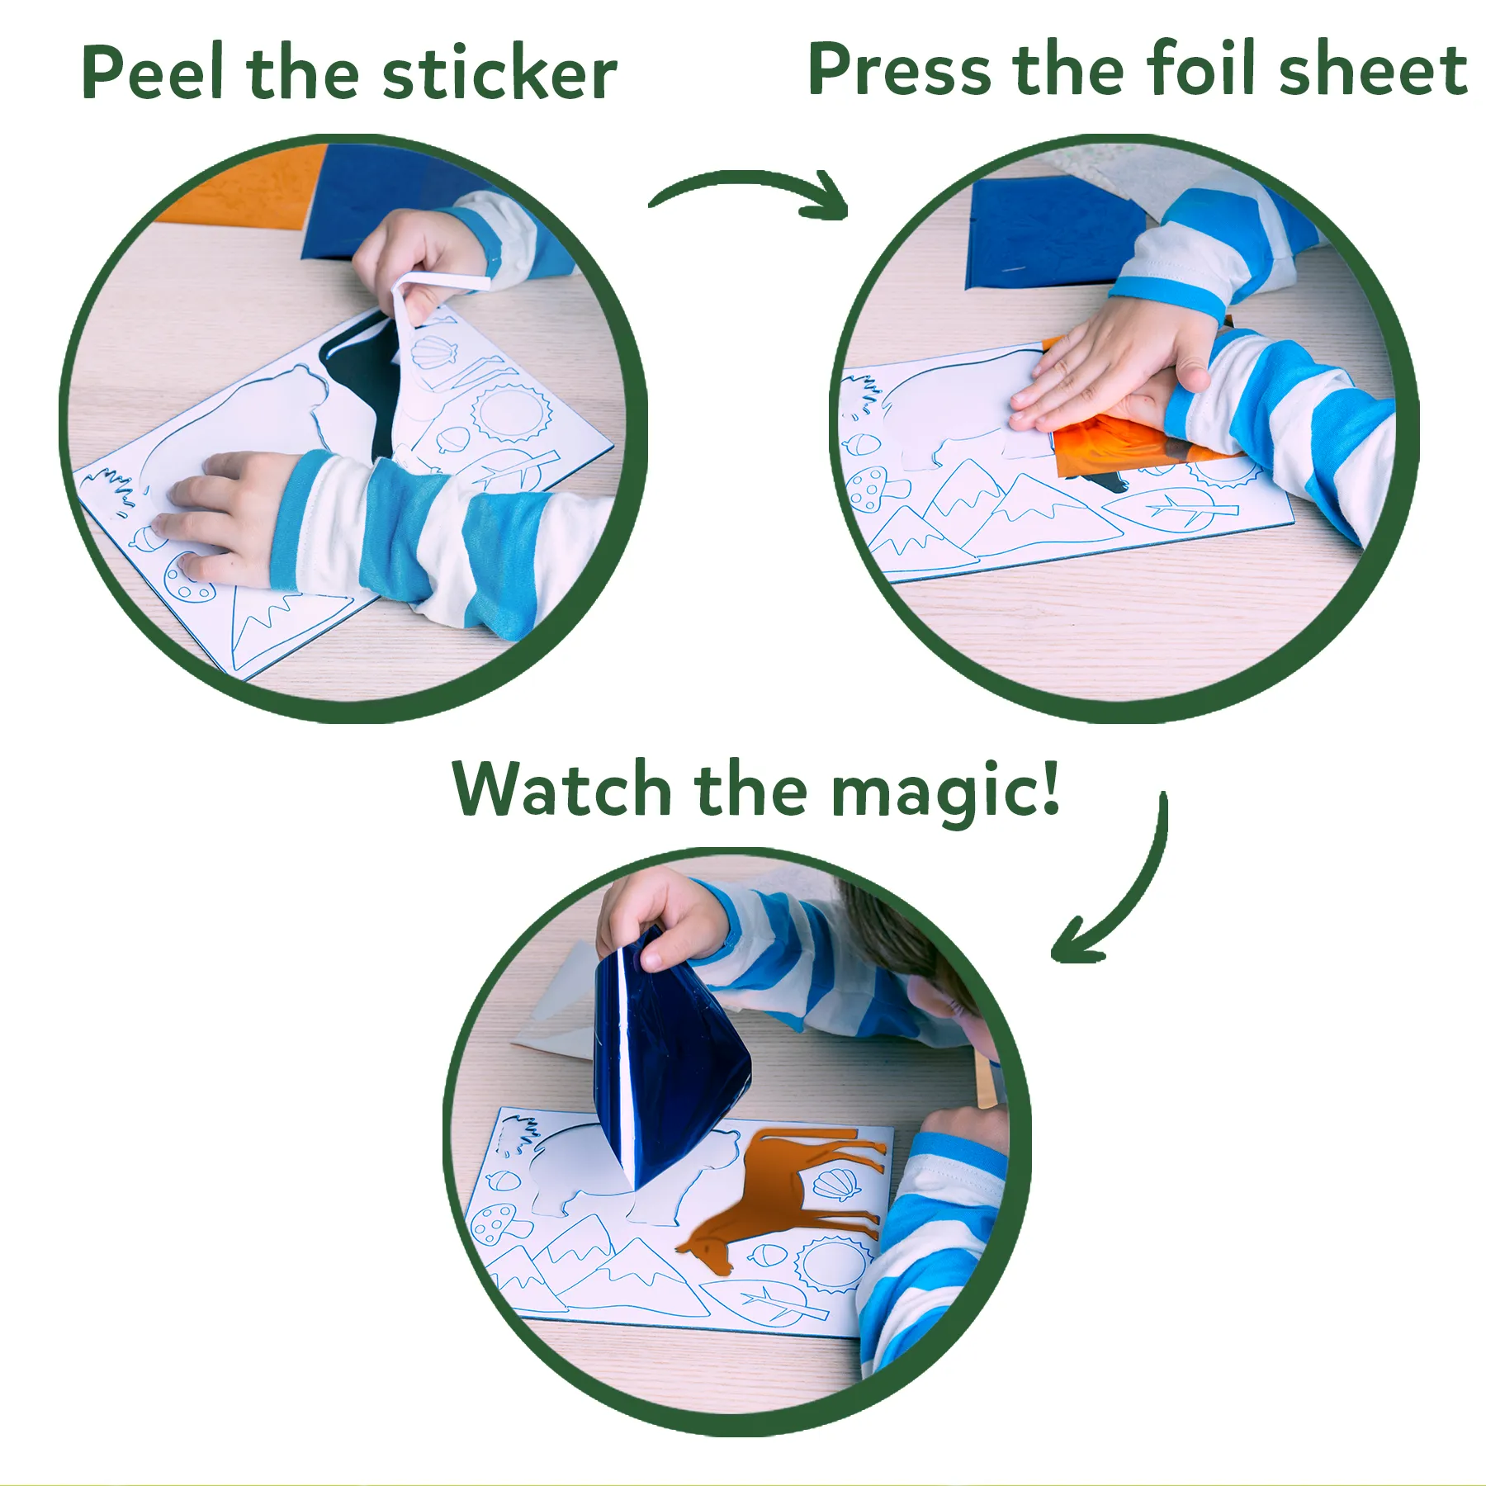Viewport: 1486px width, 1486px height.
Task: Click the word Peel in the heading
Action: coord(152,74)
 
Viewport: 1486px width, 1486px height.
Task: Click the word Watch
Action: coord(561,790)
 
